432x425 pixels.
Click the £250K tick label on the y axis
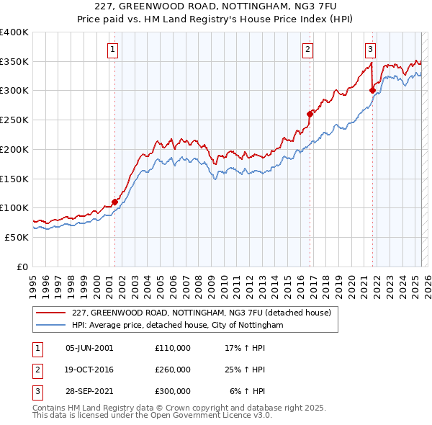(14, 120)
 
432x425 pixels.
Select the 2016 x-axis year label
(300, 282)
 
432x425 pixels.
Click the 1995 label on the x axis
(33, 282)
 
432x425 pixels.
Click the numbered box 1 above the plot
(114, 50)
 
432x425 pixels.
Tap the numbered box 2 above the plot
(307, 50)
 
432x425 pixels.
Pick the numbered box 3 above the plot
(370, 50)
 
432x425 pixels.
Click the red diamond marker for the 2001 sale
(114, 202)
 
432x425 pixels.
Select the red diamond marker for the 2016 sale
(310, 114)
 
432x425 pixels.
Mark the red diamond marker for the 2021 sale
(372, 90)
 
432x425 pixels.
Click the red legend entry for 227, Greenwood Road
(201, 313)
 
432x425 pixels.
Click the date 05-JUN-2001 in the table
(89, 347)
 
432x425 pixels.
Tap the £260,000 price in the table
(173, 370)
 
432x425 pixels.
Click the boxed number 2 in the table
(37, 370)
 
